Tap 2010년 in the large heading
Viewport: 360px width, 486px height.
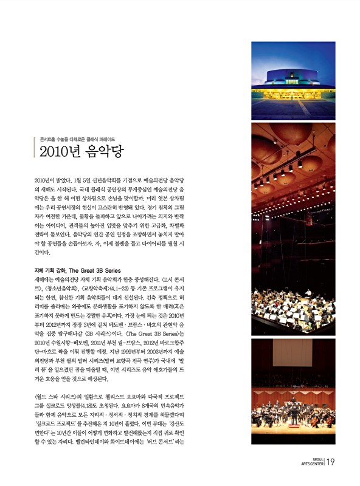pos(59,152)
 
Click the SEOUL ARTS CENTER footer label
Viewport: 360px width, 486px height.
pos(313,462)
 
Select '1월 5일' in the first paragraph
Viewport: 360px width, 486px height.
pos(81,181)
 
